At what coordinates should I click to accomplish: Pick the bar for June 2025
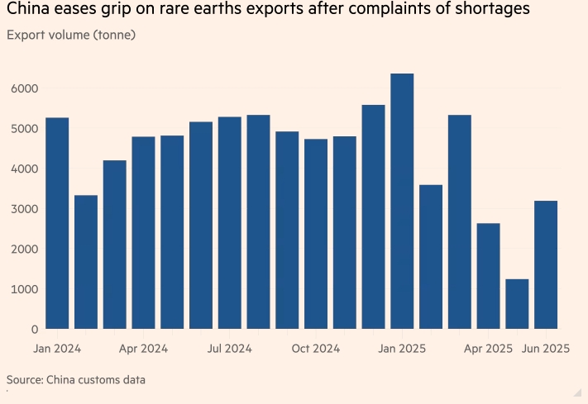(x=546, y=264)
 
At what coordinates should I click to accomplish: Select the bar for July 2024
(x=229, y=223)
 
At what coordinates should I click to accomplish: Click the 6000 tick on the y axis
(x=23, y=88)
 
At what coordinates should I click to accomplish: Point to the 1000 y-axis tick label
(x=23, y=289)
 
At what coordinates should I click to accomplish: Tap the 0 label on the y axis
(x=32, y=329)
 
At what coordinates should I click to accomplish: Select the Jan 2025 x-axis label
(x=402, y=349)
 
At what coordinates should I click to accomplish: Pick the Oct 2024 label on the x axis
(x=316, y=349)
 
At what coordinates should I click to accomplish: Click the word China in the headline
(x=29, y=12)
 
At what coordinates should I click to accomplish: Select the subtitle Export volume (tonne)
(x=71, y=36)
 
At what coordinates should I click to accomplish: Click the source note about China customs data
(x=76, y=380)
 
